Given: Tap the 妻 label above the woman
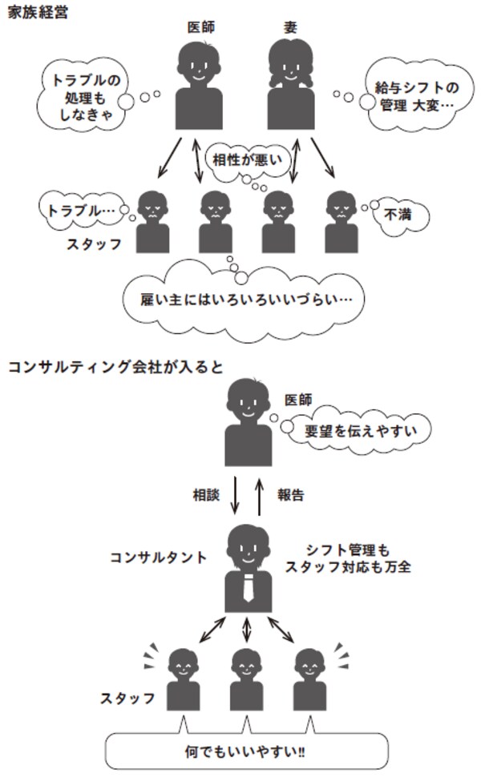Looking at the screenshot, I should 289,27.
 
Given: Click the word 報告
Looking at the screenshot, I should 290,495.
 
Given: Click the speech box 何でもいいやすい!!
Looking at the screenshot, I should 247,753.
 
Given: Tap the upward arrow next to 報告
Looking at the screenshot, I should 259,497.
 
